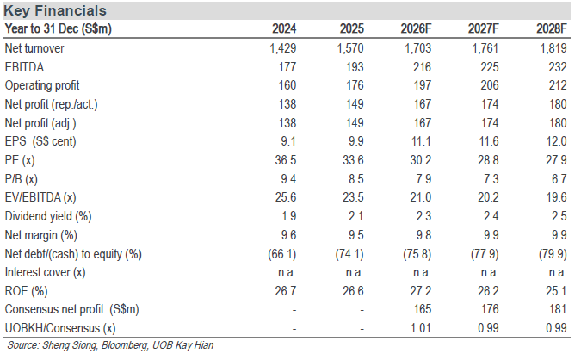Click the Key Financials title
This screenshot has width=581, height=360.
(x=55, y=10)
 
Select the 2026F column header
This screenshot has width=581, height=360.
(x=416, y=28)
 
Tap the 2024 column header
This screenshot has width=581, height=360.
(x=284, y=28)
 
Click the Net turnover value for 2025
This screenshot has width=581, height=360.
(x=350, y=48)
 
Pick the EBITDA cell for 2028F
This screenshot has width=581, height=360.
(x=558, y=67)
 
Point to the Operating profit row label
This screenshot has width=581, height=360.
(x=42, y=85)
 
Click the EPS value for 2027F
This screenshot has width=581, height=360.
(x=488, y=141)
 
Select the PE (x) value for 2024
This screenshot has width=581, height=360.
(x=285, y=160)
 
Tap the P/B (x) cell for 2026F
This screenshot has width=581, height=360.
(x=423, y=179)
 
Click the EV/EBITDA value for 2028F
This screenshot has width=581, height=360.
(x=556, y=197)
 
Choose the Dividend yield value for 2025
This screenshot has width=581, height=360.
(x=356, y=216)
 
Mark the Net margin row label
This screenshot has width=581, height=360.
(x=40, y=235)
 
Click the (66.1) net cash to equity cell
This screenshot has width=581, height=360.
(x=282, y=254)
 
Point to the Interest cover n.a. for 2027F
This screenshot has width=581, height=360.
(x=490, y=272)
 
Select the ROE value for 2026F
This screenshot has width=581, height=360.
(x=421, y=291)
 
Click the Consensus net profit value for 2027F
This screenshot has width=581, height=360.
(x=490, y=309)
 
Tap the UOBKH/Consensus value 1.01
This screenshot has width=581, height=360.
(x=421, y=328)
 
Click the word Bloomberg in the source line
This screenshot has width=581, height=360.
(x=125, y=345)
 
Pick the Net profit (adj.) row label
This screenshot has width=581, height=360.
(x=40, y=123)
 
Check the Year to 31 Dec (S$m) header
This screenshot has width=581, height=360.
(x=59, y=28)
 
